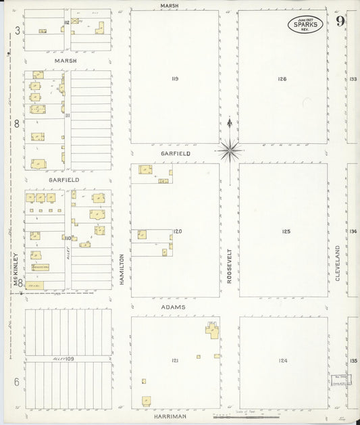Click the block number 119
click(175, 79)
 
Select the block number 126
click(282, 79)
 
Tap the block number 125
click(286, 232)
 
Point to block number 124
click(282, 361)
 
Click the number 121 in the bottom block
click(175, 361)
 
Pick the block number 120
click(178, 232)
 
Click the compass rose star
click(230, 150)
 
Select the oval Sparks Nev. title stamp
click(305, 25)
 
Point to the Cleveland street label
click(338, 262)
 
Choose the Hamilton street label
click(122, 269)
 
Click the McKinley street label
click(15, 269)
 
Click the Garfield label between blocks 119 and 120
click(176, 154)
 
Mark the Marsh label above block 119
click(170, 5)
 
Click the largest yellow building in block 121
click(213, 330)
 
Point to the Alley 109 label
click(63, 357)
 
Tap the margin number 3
click(17, 30)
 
